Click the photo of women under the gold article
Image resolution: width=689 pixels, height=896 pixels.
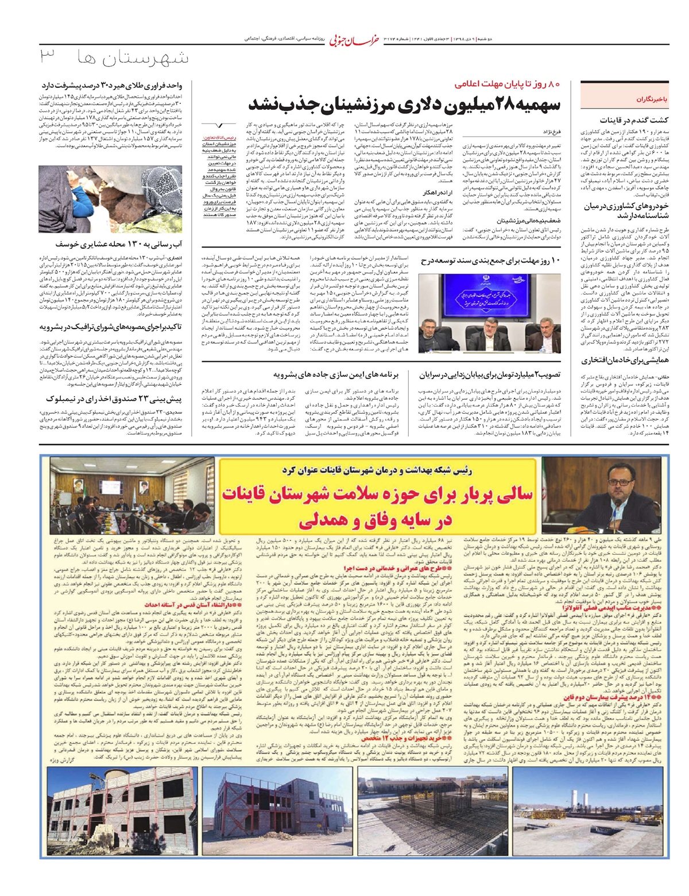coord(110,199)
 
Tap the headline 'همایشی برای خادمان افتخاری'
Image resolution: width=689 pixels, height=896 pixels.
coord(625,361)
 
